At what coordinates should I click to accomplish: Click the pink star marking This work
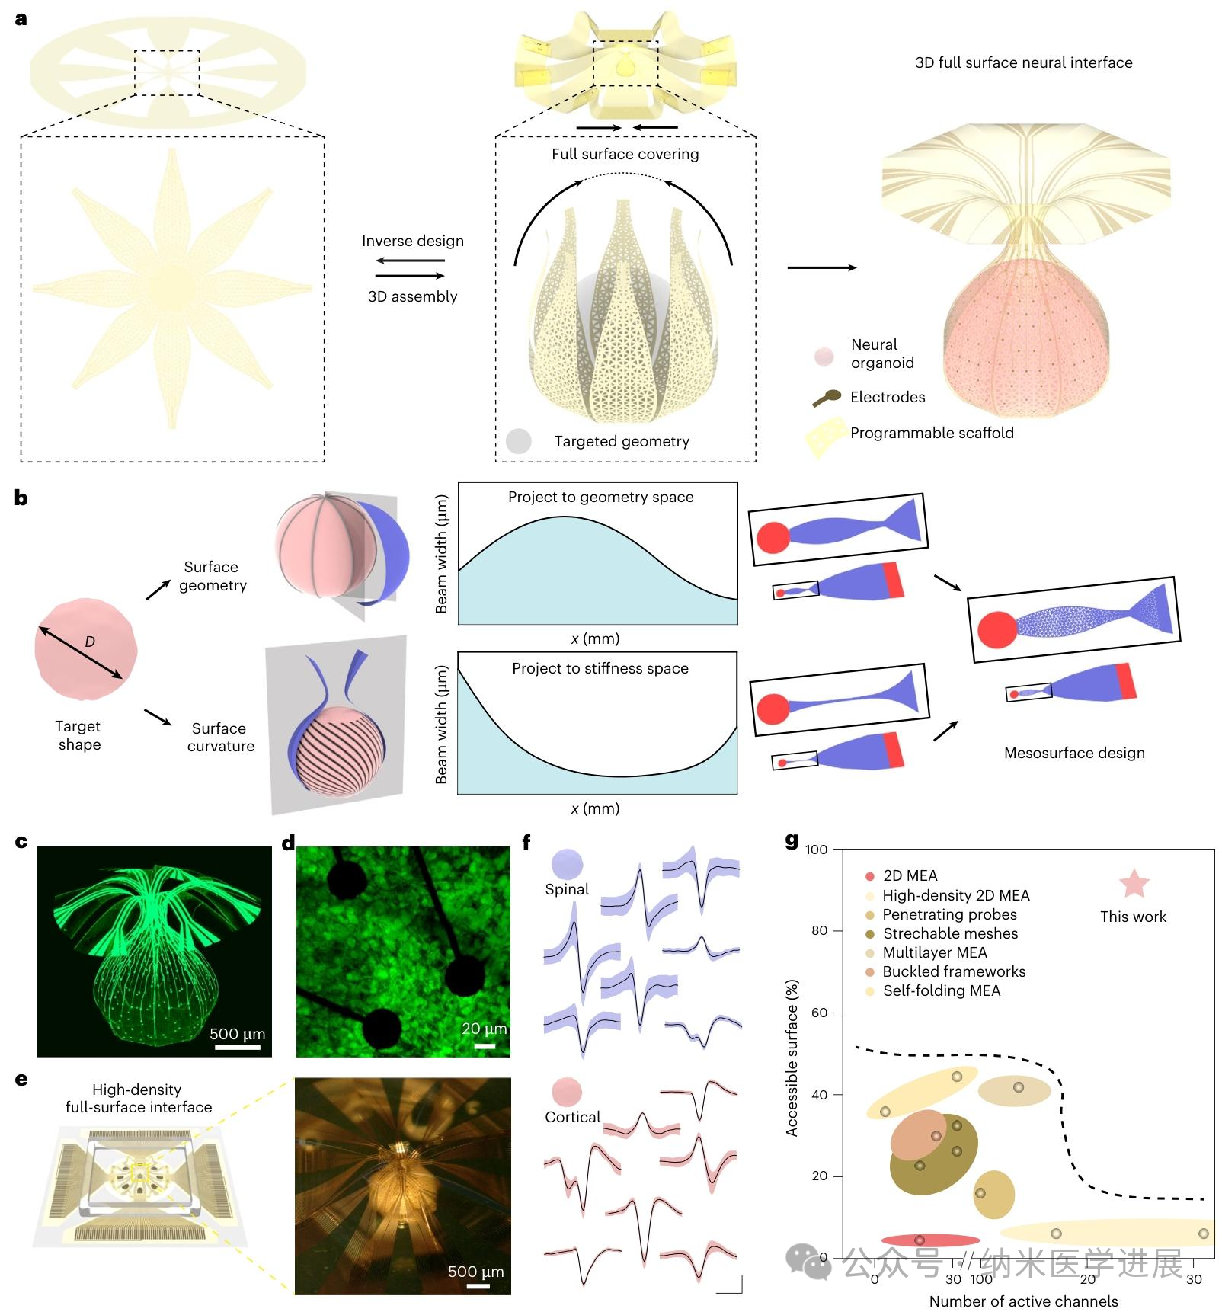click(x=1134, y=884)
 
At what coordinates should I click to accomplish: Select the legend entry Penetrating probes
click(x=949, y=914)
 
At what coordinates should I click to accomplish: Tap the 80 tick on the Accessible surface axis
click(x=819, y=930)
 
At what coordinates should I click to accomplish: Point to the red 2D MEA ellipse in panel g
click(x=930, y=1240)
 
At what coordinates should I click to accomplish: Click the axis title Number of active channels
click(x=1023, y=1301)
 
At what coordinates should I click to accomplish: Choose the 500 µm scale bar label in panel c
click(x=237, y=1034)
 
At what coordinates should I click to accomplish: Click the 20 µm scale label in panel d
click(x=484, y=1029)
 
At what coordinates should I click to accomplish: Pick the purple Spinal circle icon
click(x=567, y=865)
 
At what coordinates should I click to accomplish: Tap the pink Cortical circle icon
click(x=567, y=1093)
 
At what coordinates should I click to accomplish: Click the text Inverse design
click(x=412, y=241)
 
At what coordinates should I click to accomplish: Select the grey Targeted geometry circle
click(x=518, y=441)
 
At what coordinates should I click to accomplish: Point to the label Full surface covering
click(x=625, y=154)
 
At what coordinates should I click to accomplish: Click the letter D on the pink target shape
click(x=90, y=642)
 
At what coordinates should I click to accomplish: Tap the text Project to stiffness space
click(x=600, y=668)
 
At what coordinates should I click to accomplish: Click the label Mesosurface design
click(x=1073, y=753)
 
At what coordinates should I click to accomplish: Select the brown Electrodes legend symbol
click(x=827, y=398)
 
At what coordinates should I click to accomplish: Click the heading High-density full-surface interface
click(x=138, y=1098)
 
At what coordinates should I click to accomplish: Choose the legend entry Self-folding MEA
click(x=941, y=990)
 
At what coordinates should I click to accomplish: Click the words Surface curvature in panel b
click(x=220, y=737)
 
